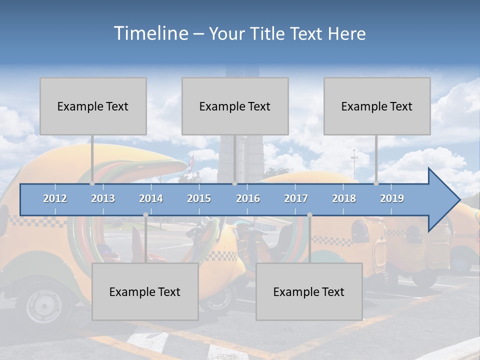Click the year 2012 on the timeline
tap(55, 198)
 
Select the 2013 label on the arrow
tap(103, 198)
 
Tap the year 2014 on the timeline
tap(151, 198)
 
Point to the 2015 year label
tap(199, 198)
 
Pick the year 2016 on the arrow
tap(248, 198)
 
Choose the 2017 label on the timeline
tap(296, 198)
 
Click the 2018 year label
tap(344, 198)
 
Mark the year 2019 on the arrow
tap(392, 198)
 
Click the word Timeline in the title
tap(150, 33)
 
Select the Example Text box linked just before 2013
tap(93, 106)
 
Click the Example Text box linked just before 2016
tap(235, 106)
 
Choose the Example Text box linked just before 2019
tap(377, 106)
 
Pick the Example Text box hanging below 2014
tap(145, 291)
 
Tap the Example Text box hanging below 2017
tap(309, 291)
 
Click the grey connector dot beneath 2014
tap(145, 215)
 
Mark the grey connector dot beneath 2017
tap(309, 215)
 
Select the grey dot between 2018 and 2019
tap(376, 183)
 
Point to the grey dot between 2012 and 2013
tap(92, 183)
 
